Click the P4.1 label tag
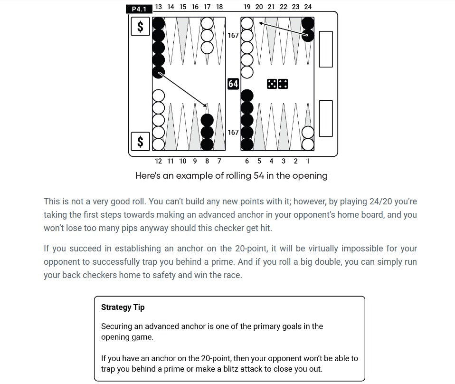pyautogui.click(x=139, y=9)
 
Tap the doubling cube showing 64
pyautogui.click(x=233, y=84)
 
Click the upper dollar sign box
pyautogui.click(x=140, y=27)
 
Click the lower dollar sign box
pyautogui.click(x=140, y=141)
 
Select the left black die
pyautogui.click(x=272, y=84)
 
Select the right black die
pyautogui.click(x=283, y=84)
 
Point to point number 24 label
pyautogui.click(x=308, y=7)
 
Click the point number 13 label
pyautogui.click(x=158, y=7)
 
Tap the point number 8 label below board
pyautogui.click(x=207, y=161)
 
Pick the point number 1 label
pyautogui.click(x=308, y=161)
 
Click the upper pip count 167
pyautogui.click(x=233, y=35)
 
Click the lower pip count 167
pyautogui.click(x=233, y=132)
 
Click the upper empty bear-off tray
pyautogui.click(x=326, y=49)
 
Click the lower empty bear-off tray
pyautogui.click(x=326, y=118)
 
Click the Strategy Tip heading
pyautogui.click(x=123, y=307)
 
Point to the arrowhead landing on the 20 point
pyautogui.click(x=261, y=22)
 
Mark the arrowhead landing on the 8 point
pyautogui.click(x=207, y=106)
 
